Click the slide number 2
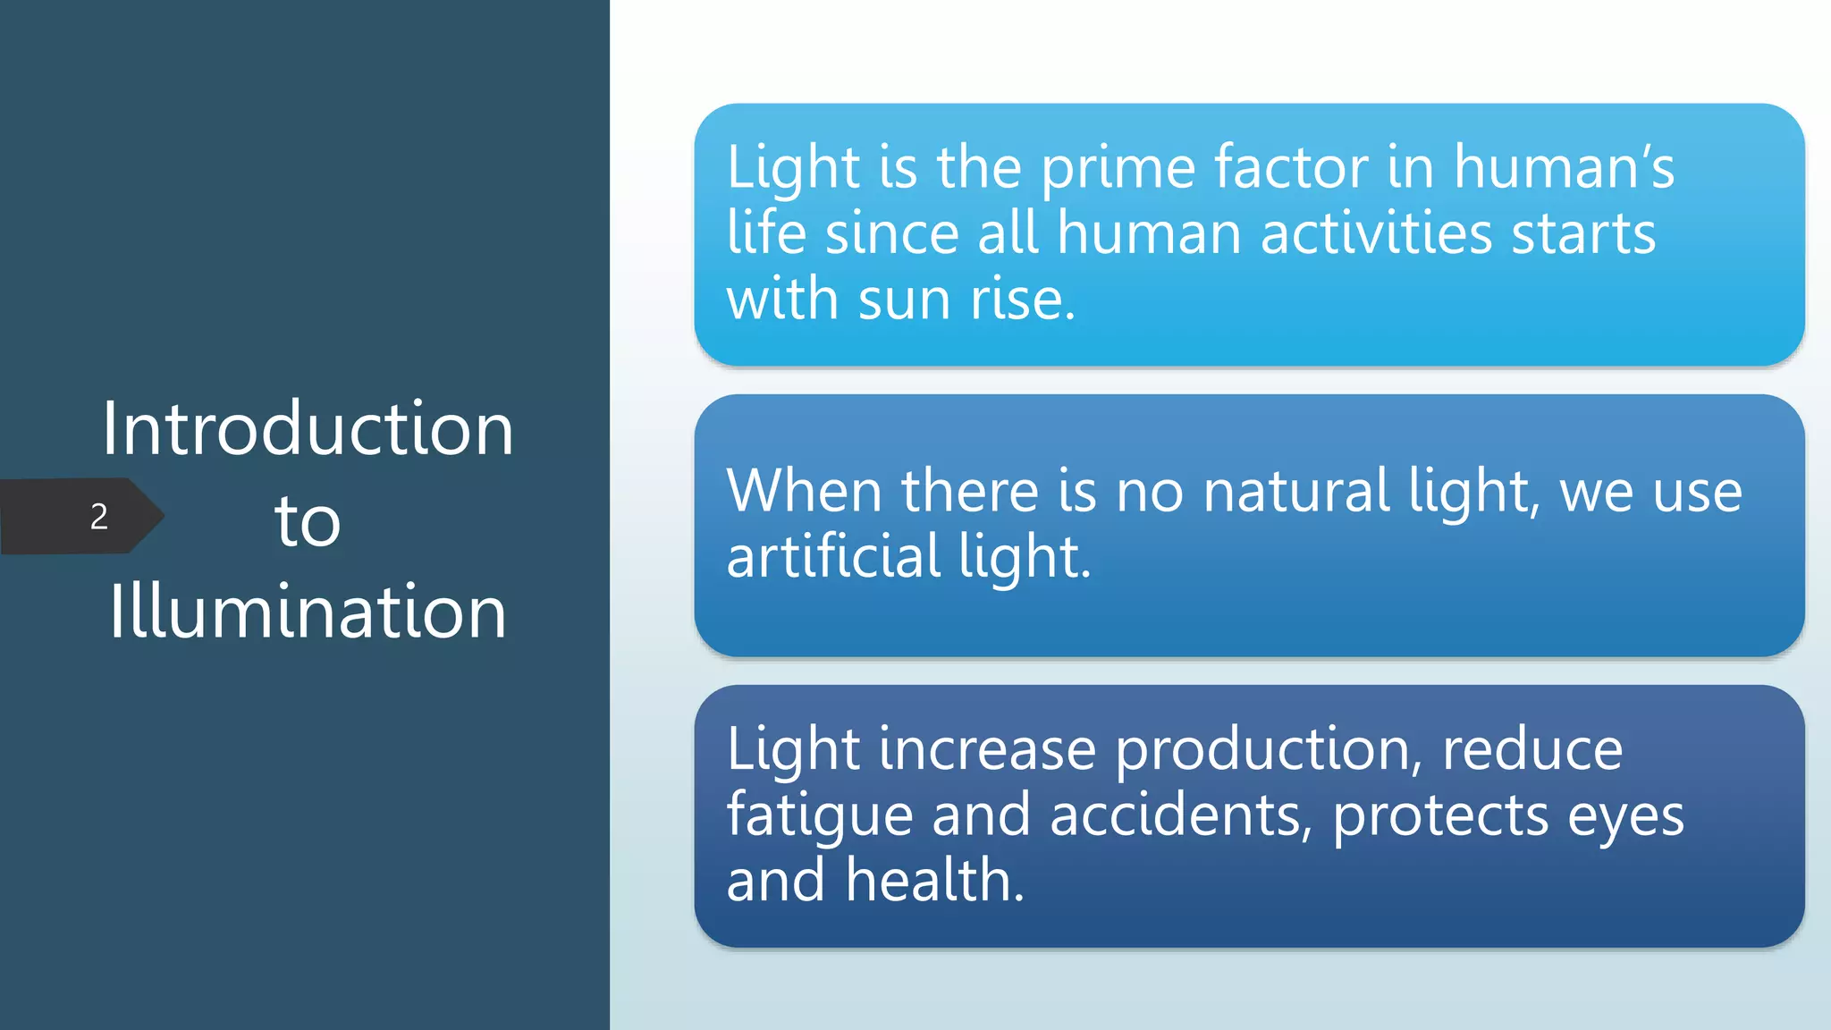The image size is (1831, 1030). point(98,517)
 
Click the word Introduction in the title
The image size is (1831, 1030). point(308,429)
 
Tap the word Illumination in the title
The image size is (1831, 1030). point(308,612)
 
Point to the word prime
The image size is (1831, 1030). point(1118,169)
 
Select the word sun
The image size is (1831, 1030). point(904,299)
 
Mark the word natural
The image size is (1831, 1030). point(1296,491)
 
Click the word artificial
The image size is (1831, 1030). point(833,556)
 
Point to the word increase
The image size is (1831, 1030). point(987,749)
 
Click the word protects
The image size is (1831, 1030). point(1440,816)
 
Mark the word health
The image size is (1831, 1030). point(934,880)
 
